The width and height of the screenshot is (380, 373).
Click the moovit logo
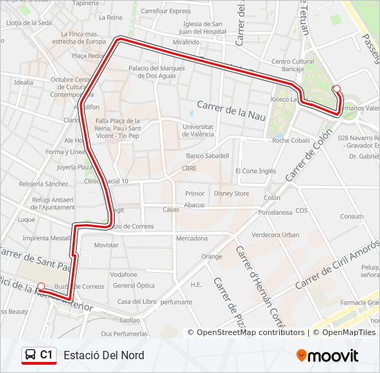pyautogui.click(x=327, y=355)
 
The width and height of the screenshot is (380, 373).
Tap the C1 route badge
pyautogui.click(x=39, y=355)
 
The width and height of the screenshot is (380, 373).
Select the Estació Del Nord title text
pyautogui.click(x=104, y=355)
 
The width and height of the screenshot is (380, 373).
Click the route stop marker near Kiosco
pyautogui.click(x=336, y=88)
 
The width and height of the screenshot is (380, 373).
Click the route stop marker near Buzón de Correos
pyautogui.click(x=41, y=286)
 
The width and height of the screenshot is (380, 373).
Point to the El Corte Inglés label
pyautogui.click(x=256, y=171)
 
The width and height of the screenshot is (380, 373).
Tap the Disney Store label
pyautogui.click(x=231, y=193)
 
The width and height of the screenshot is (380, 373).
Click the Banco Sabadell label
pyautogui.click(x=207, y=155)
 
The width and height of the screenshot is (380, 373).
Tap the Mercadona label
pyautogui.click(x=191, y=238)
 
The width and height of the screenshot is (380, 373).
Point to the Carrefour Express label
pyautogui.click(x=166, y=11)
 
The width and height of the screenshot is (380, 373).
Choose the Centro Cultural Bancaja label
pyautogui.click(x=293, y=65)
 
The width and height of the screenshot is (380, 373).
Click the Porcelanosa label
pyautogui.click(x=275, y=212)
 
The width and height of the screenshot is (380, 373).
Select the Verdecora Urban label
pyautogui.click(x=276, y=235)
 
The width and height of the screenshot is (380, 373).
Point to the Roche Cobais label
pyautogui.click(x=291, y=140)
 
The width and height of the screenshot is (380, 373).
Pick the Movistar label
pyautogui.click(x=106, y=245)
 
